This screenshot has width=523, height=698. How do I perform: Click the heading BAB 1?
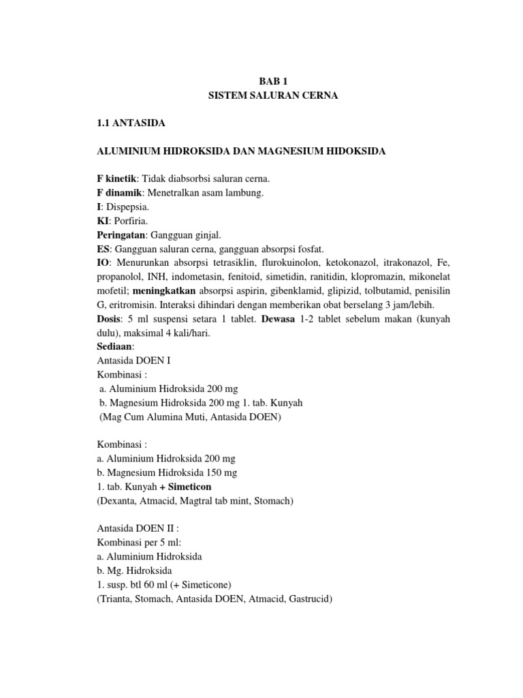[272, 80]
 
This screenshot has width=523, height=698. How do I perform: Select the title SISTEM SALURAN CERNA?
[272, 96]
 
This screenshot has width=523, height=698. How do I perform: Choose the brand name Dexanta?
[118, 500]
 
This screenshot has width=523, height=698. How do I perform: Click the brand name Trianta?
[116, 598]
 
